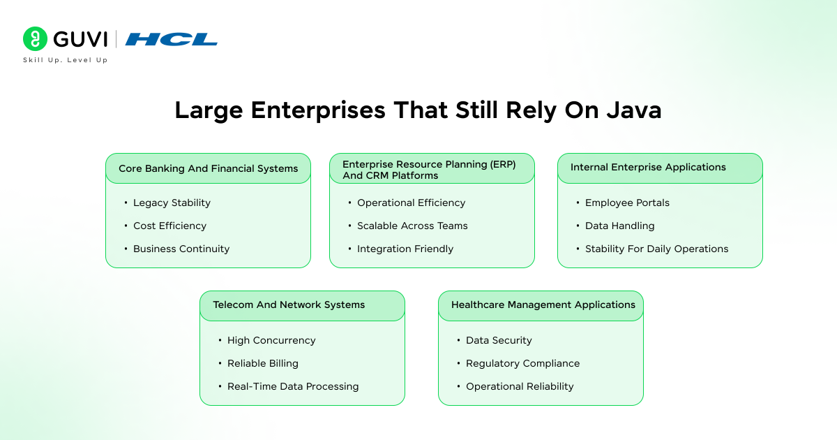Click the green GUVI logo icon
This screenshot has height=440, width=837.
[35, 39]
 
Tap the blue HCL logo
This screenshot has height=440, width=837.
[172, 39]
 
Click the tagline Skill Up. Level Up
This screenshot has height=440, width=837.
[65, 60]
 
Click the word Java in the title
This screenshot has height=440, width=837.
[631, 110]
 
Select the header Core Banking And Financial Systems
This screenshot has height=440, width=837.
[208, 168]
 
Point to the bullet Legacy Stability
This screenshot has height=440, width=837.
[172, 203]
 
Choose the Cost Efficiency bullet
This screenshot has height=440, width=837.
[169, 226]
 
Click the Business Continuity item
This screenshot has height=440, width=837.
[181, 249]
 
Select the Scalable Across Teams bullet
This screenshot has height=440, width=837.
[412, 226]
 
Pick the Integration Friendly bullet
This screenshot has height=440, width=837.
[405, 249]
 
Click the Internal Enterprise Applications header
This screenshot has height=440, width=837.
[648, 167]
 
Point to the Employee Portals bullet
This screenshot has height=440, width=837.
[627, 203]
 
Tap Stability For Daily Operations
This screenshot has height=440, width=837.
[656, 249]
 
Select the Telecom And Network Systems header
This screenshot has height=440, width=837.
[289, 305]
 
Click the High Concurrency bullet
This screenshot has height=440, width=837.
[271, 340]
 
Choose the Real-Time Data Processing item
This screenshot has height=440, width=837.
[293, 386]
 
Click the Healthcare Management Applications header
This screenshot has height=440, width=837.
[543, 305]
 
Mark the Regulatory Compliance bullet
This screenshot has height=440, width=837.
[522, 363]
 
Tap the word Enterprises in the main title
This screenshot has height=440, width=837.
[315, 110]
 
